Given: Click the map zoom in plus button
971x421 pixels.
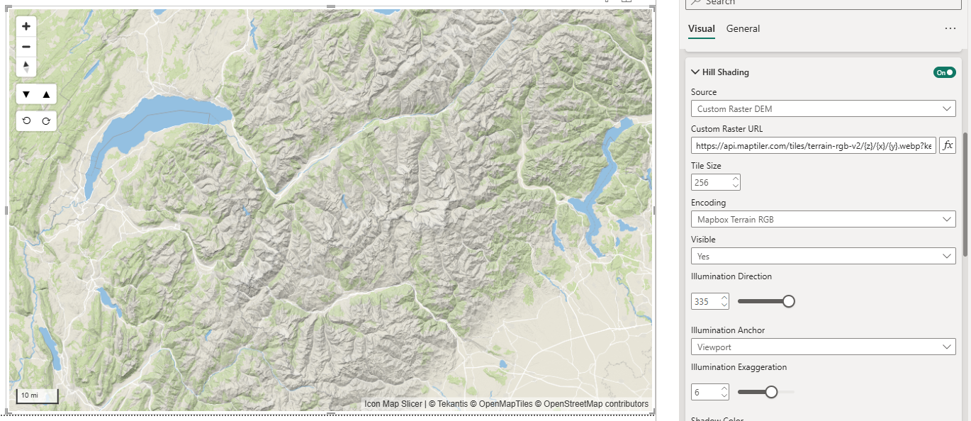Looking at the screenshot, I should tap(26, 27).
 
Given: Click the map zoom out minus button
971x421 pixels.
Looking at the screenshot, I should tap(26, 47).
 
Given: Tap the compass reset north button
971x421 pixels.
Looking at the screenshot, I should tap(26, 67).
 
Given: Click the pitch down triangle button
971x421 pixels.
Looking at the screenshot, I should tap(26, 94).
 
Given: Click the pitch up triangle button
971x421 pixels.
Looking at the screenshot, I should tap(46, 94).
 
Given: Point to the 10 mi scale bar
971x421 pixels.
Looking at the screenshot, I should tap(37, 396).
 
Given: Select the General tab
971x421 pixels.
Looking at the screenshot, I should tap(743, 29).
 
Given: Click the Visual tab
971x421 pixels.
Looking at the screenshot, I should tap(701, 29).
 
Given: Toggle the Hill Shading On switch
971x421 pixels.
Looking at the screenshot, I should tap(944, 72).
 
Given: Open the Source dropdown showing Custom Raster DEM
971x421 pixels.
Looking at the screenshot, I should tap(823, 109).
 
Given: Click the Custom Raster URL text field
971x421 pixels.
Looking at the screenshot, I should tap(813, 146).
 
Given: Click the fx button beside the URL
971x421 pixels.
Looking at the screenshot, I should tap(948, 145).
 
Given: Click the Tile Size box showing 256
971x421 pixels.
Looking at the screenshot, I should tap(711, 183).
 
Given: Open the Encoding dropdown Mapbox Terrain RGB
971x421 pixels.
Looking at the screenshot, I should tap(823, 220).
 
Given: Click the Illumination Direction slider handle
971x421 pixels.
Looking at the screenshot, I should tap(788, 301).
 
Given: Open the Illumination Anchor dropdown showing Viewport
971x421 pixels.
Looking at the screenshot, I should tap(823, 347).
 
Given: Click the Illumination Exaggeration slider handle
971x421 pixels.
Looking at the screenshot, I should tap(771, 392).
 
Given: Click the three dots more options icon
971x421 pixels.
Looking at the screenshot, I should tap(950, 29).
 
